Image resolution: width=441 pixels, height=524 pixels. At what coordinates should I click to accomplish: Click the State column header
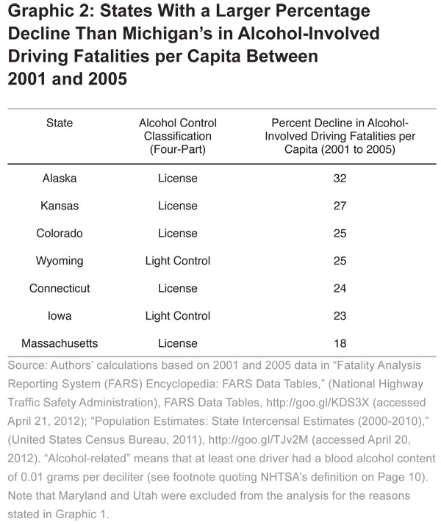(60, 123)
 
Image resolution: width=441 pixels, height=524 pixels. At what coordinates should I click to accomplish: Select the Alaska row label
(60, 178)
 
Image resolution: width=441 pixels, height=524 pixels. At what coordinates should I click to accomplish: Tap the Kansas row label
(60, 206)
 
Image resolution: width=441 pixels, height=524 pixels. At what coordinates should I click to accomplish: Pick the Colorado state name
(60, 233)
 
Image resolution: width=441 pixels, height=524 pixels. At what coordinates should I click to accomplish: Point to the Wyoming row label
(60, 261)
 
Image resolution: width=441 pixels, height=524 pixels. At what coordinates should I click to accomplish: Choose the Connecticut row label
(60, 288)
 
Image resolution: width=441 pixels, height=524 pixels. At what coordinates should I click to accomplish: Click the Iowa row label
(60, 316)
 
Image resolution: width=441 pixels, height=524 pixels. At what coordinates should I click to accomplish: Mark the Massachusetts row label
(60, 343)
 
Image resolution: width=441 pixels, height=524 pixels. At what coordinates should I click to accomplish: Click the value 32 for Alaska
(340, 178)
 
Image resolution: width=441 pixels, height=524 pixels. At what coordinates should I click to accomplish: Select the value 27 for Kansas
(340, 206)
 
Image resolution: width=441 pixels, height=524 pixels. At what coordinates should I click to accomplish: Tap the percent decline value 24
(340, 288)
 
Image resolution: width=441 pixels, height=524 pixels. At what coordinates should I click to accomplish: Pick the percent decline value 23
(340, 316)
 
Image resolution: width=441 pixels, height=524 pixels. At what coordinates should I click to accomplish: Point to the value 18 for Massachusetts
(340, 343)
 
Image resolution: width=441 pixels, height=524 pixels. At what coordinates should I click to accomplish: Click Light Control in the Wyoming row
(177, 261)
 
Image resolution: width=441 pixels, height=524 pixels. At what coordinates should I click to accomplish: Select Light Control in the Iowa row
(177, 316)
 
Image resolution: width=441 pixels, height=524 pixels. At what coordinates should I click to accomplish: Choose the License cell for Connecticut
(177, 288)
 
